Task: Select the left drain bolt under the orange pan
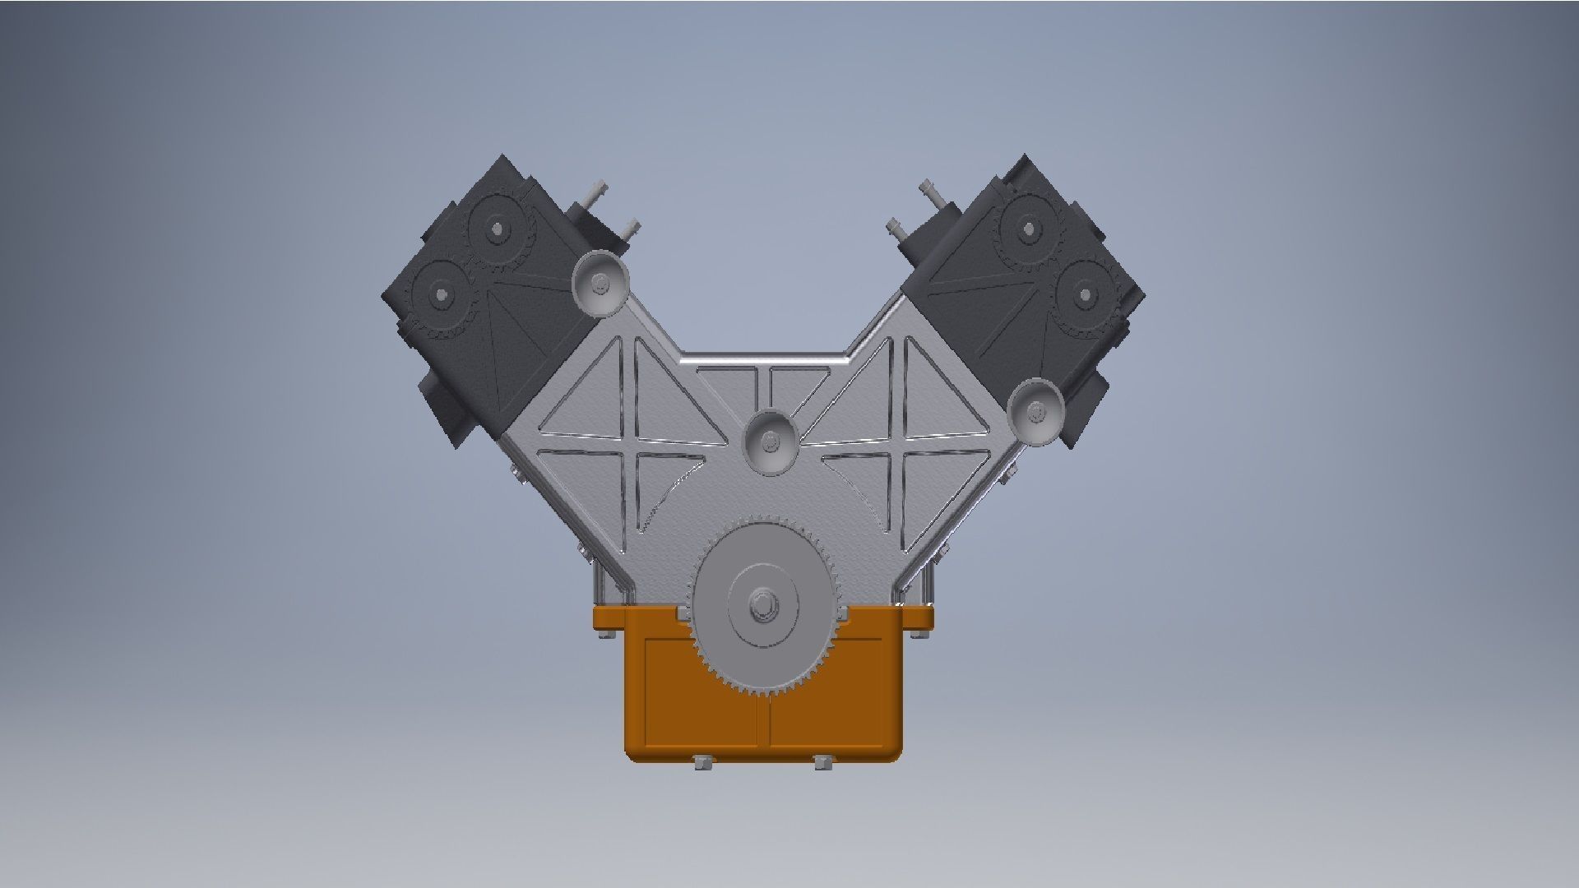703,762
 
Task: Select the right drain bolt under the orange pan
822,762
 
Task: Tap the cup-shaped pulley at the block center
770,442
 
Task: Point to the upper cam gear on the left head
497,227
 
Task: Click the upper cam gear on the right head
1027,228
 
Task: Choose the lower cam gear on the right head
1085,294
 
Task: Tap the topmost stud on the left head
595,192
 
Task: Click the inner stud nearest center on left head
631,229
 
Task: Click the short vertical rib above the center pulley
769,386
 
